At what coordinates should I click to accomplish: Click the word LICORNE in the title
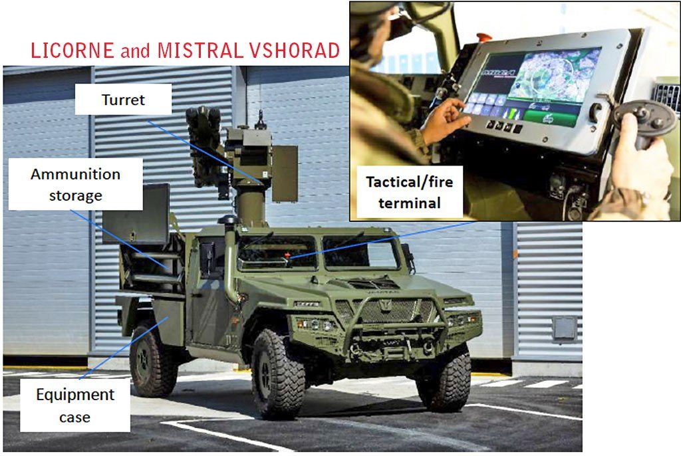(x=72, y=51)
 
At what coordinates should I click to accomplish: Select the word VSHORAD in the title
(x=295, y=51)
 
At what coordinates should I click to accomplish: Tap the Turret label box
(x=123, y=100)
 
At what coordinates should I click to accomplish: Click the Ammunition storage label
(x=76, y=184)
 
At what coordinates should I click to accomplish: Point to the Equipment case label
(x=75, y=405)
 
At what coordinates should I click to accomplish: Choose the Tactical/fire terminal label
(x=409, y=192)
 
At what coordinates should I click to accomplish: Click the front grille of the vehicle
(x=386, y=311)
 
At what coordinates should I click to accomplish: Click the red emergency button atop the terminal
(x=483, y=38)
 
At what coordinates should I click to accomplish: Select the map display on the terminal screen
(x=554, y=74)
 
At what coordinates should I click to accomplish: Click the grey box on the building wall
(x=565, y=328)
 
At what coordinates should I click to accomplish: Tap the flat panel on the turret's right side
(x=285, y=173)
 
